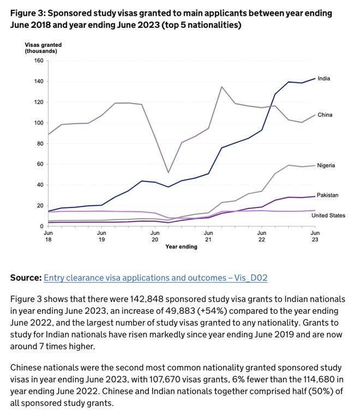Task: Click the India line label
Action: [x=323, y=78]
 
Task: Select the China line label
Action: [x=325, y=115]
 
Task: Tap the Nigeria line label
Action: [x=326, y=166]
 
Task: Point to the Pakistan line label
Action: [x=328, y=195]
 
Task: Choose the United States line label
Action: [x=328, y=215]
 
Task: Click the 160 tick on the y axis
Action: [x=39, y=60]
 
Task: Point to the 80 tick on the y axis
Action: [x=40, y=143]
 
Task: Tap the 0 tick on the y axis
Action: [x=41, y=226]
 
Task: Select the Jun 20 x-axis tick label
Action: [x=155, y=236]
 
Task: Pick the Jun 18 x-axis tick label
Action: [x=48, y=236]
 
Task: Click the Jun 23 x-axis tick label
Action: [x=315, y=236]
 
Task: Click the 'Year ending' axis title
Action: [x=182, y=247]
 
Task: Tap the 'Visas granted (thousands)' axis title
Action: [x=43, y=48]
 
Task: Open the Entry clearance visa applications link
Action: [x=155, y=278]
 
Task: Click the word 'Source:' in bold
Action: [x=26, y=278]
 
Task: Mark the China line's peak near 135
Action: [x=221, y=87]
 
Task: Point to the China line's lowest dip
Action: [x=168, y=173]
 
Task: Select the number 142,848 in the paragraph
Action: [x=147, y=299]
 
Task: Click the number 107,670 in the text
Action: [x=165, y=380]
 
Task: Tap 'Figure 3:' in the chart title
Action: [x=28, y=13]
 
